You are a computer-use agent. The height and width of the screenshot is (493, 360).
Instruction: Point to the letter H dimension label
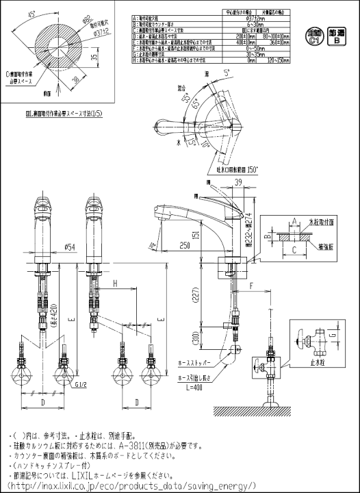116,283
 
